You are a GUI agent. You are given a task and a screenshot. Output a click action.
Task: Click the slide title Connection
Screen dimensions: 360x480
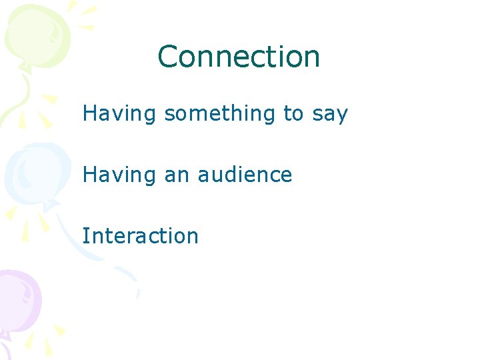click(239, 57)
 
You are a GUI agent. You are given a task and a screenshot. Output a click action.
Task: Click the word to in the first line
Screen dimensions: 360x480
click(293, 114)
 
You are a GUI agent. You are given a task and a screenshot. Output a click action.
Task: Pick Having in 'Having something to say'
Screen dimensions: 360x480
click(119, 114)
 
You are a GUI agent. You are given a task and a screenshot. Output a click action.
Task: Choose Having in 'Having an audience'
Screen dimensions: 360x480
click(119, 175)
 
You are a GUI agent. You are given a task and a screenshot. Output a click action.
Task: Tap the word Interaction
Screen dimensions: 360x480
click(141, 235)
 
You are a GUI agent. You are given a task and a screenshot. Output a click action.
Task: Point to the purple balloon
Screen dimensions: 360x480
click(17, 300)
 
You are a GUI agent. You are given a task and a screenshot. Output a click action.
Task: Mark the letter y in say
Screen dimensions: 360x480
click(342, 117)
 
